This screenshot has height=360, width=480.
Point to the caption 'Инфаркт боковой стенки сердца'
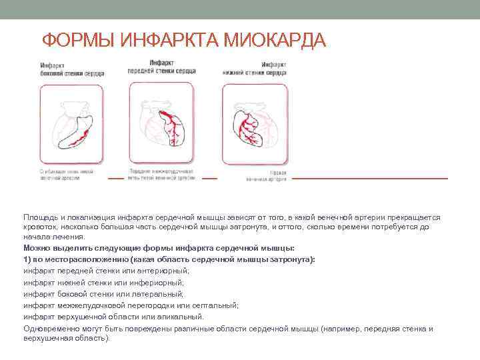tap(71, 69)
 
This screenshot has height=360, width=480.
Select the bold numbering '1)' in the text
tap(27, 259)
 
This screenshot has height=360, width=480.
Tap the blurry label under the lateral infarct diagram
tap(67, 175)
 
